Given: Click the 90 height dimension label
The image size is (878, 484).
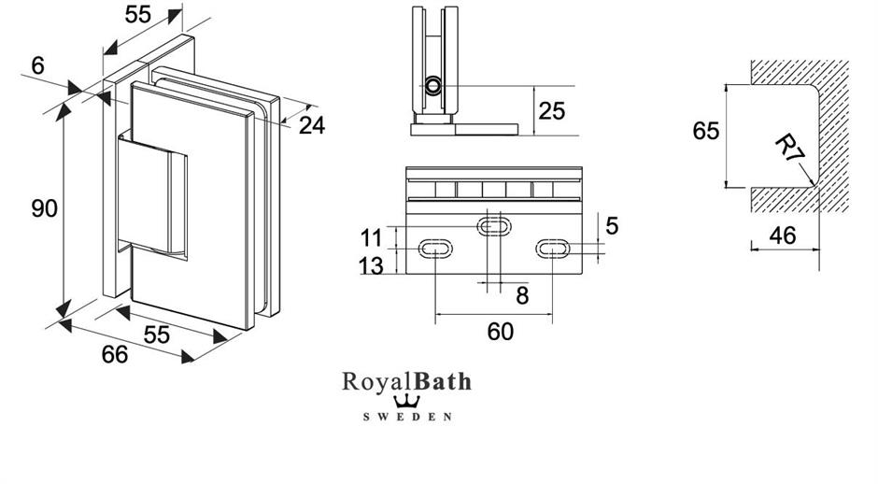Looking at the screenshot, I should pos(44,208).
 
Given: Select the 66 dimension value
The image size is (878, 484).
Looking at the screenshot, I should pos(113,355).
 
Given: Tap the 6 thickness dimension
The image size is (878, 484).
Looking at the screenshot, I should pos(36,65).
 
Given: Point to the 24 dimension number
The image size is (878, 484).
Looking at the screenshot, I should pos(312,124).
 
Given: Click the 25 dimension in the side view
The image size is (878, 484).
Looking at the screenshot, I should pos(552,110).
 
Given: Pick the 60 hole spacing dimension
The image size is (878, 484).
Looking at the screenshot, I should pos(501,332).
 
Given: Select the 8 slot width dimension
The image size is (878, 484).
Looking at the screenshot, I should pos(522,296).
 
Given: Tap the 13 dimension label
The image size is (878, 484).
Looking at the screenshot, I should pos(371,266).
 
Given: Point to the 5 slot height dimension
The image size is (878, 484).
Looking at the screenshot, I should pos(612,225).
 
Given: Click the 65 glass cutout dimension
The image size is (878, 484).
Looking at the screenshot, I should pos(706,131).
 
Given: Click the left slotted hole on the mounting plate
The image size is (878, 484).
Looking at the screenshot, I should pos(435,249).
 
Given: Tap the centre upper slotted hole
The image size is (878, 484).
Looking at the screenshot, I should pos(495,225).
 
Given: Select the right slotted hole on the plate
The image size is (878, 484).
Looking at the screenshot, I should pos(553,249).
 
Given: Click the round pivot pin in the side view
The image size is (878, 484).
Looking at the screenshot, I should pos(433,87).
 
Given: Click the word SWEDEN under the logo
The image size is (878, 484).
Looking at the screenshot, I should pos(407,416).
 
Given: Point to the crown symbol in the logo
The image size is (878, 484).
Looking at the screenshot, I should pos(407,400).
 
